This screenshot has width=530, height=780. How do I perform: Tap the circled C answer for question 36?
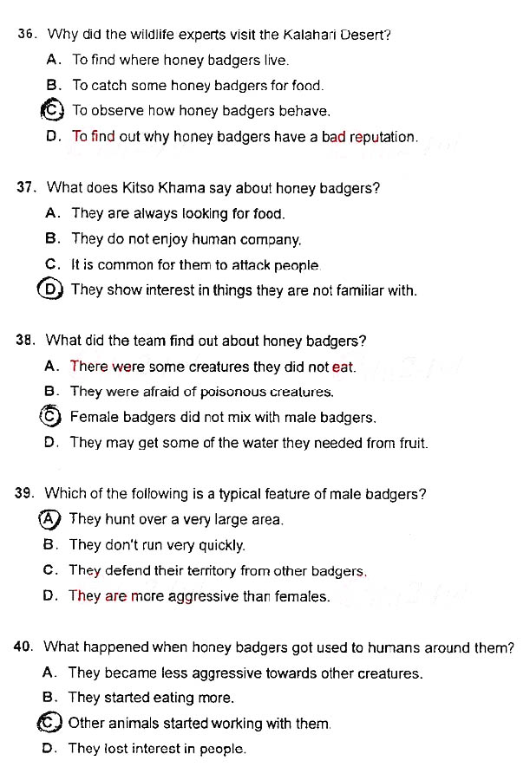[53, 110]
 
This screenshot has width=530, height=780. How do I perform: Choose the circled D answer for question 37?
[52, 289]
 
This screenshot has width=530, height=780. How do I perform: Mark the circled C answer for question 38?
[51, 417]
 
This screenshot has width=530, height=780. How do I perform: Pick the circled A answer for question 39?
[50, 519]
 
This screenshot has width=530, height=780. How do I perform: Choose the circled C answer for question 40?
[50, 723]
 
